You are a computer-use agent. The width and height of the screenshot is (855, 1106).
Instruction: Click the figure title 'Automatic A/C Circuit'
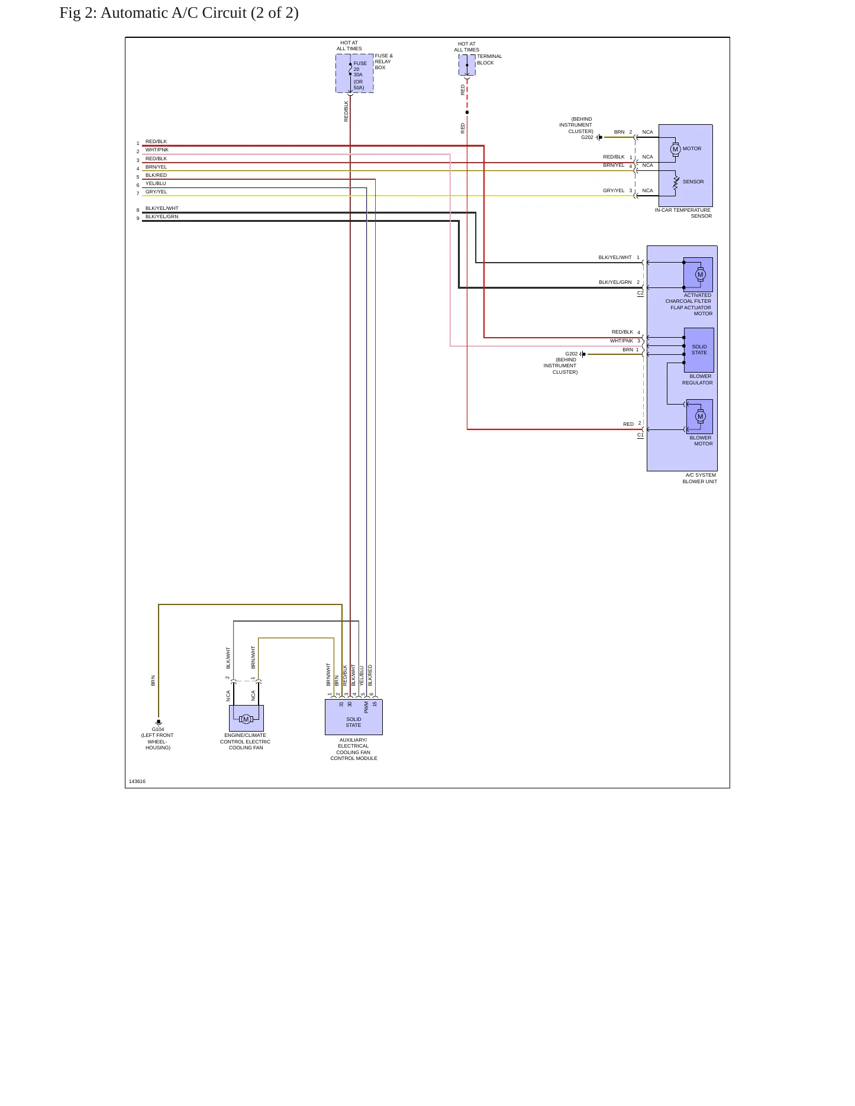(173, 13)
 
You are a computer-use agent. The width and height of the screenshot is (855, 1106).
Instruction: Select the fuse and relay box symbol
(354, 73)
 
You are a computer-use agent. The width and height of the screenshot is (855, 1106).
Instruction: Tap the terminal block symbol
(467, 65)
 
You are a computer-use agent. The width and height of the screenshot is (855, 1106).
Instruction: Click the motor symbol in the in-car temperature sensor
(675, 149)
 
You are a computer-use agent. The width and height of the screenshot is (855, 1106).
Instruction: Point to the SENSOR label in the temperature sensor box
(693, 182)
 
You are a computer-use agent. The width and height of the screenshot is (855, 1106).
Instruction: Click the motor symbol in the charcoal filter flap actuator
(701, 274)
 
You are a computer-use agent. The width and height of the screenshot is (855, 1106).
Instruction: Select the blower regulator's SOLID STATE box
(699, 350)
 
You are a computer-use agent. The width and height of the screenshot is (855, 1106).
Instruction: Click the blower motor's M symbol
(701, 416)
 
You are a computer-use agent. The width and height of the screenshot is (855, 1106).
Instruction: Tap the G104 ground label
(158, 729)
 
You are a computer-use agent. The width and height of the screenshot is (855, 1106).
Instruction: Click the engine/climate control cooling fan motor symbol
(246, 719)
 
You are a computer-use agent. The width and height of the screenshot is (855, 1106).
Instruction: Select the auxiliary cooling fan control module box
(354, 717)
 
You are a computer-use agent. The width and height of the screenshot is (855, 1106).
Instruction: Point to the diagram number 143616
(137, 781)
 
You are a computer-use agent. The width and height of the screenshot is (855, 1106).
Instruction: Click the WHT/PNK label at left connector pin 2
(157, 150)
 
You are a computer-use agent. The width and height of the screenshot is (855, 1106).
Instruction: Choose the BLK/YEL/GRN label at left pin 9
(162, 216)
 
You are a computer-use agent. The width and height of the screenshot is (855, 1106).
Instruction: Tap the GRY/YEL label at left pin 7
(156, 192)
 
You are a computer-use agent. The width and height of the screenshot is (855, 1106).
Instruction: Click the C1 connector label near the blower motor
(640, 435)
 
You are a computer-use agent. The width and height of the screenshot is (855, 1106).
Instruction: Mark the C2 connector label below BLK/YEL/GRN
(640, 293)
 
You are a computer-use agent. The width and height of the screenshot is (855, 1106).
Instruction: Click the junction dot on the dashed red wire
(467, 112)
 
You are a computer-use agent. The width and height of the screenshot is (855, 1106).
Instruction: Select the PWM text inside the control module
(366, 707)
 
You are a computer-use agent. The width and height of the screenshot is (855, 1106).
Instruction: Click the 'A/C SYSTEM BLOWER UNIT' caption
(700, 478)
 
